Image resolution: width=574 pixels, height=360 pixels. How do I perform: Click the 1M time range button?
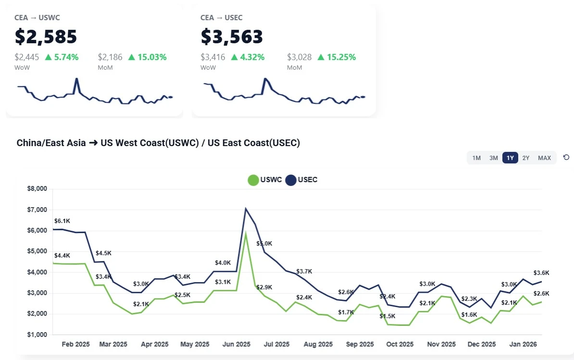[476, 158]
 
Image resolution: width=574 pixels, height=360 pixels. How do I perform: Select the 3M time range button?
[494, 158]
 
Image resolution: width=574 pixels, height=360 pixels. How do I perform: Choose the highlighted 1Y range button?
[510, 158]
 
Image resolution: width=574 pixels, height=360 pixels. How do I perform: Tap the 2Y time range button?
[526, 158]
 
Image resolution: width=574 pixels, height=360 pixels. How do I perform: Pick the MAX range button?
[544, 158]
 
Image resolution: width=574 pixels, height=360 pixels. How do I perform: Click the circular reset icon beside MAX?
[566, 157]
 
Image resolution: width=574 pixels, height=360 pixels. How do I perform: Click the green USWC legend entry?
[262, 180]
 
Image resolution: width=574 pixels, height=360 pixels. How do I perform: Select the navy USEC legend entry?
[301, 180]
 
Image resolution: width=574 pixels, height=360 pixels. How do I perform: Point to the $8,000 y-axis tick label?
[37, 189]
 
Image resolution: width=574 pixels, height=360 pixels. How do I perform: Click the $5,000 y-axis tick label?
[37, 251]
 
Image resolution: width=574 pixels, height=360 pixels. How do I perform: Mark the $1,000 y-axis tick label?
[37, 335]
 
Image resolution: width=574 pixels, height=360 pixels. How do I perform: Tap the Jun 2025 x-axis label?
[237, 344]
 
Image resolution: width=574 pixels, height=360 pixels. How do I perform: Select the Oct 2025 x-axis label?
[400, 344]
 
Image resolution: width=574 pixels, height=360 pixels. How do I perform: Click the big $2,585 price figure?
[46, 37]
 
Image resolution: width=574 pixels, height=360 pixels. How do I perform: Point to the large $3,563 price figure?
[232, 37]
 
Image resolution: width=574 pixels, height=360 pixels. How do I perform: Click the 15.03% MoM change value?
[151, 57]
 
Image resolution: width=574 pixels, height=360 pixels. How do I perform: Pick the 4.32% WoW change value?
[248, 57]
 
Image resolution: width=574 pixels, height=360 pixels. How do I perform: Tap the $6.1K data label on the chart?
[62, 221]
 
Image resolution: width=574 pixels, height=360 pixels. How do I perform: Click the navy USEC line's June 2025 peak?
[246, 209]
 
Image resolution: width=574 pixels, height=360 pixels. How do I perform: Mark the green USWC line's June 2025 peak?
[246, 234]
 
